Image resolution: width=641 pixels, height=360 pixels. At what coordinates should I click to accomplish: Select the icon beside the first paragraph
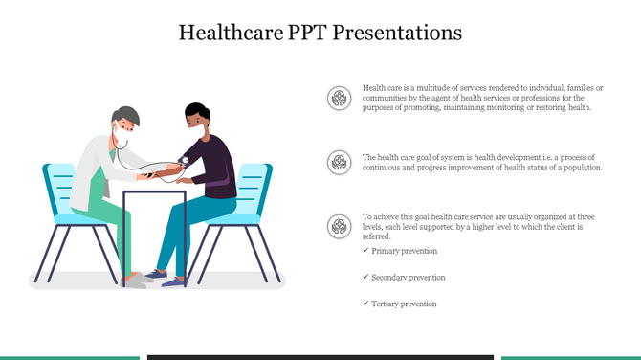point(337,97)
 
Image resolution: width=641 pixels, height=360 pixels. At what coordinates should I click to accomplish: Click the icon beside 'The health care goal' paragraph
point(337,161)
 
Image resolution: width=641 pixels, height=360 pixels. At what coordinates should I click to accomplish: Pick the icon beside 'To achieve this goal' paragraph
point(337,226)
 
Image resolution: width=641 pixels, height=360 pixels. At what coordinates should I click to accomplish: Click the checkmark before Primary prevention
point(365,250)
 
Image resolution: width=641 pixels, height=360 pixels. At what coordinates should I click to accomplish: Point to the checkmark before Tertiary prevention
point(365,303)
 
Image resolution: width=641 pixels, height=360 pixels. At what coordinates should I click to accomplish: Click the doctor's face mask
point(120,131)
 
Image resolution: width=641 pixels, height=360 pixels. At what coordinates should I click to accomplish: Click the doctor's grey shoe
point(139,280)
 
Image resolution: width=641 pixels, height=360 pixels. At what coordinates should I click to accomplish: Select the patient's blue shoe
point(177,279)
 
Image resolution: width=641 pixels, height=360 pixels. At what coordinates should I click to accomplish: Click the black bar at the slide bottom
point(320,356)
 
